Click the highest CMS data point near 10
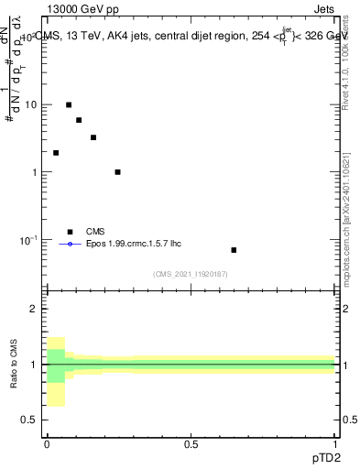tap(69, 104)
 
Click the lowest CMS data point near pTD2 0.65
tap(234, 250)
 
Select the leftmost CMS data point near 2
tap(56, 153)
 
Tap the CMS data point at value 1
tap(117, 172)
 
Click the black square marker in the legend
tap(70, 232)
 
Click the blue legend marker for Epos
tap(70, 245)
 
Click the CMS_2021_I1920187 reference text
tap(191, 273)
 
